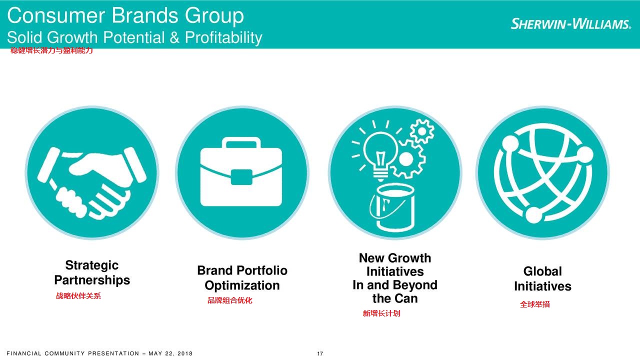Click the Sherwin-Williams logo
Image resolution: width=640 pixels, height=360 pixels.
click(x=570, y=23)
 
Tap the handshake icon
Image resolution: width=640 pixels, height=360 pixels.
click(x=92, y=183)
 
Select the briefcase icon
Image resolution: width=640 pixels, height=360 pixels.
click(x=241, y=171)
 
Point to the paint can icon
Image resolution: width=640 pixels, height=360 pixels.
click(x=392, y=207)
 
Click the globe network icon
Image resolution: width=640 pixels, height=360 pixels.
click(x=543, y=173)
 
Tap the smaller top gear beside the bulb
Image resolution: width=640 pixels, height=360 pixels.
click(x=422, y=131)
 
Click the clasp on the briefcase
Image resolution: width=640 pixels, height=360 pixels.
click(x=241, y=177)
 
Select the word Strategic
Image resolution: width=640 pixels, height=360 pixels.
click(x=91, y=265)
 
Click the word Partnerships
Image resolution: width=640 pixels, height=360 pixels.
click(x=92, y=280)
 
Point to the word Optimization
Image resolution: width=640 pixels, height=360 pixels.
click(x=242, y=285)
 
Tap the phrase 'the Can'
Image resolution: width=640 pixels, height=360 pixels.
click(x=395, y=298)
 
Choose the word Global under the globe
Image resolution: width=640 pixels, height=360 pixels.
click(x=542, y=271)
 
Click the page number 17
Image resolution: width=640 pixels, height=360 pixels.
click(x=320, y=353)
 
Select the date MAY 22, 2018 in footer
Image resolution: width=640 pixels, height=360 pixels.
click(x=170, y=353)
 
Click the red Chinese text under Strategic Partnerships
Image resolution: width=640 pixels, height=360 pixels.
click(x=78, y=295)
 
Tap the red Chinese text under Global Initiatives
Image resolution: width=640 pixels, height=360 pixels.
click(x=534, y=304)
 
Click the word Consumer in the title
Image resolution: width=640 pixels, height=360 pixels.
click(x=55, y=15)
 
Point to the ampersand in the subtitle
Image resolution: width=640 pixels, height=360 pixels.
click(x=174, y=37)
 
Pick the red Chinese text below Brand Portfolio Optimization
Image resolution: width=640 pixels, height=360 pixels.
click(x=229, y=300)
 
